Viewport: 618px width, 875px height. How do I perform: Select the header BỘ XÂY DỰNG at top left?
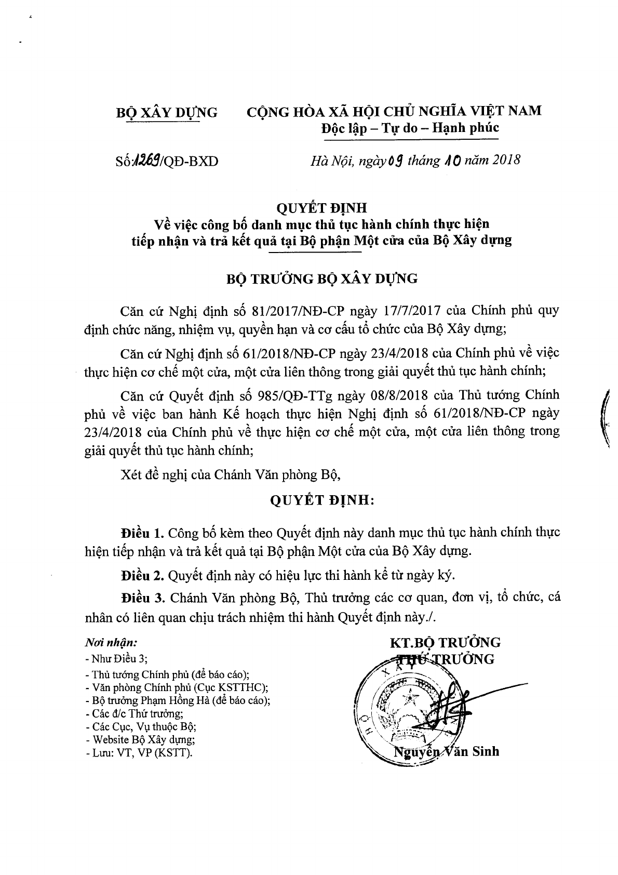click(166, 112)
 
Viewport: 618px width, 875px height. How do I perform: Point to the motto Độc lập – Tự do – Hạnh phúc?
click(410, 128)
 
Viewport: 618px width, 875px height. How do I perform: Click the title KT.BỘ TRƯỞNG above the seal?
click(445, 642)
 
